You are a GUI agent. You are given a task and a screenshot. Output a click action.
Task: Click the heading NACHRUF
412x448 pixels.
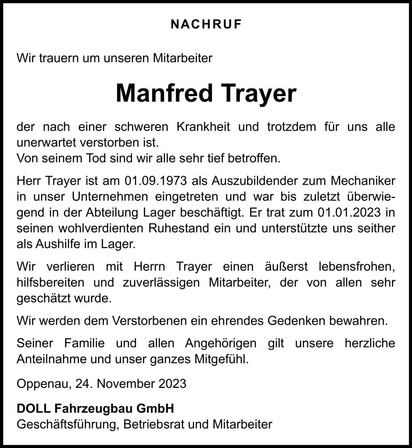click(206, 25)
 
